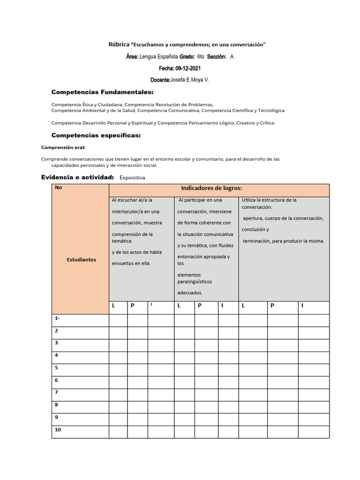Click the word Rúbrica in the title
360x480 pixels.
119,45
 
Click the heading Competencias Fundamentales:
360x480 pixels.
102,92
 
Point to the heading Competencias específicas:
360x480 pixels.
96,135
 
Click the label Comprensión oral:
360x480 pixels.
63,148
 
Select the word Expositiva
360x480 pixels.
132,178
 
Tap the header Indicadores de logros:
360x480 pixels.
211,188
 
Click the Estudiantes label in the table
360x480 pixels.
81,259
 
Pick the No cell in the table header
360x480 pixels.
59,187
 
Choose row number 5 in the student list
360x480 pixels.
56,367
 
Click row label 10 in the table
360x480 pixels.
58,429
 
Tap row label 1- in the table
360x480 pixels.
57,318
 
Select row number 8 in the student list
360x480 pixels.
56,405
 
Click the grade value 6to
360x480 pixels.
201,57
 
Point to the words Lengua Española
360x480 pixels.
159,57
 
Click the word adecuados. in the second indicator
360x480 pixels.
190,292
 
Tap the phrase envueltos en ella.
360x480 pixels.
131,263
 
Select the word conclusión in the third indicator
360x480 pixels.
255,230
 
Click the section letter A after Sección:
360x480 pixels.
232,57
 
